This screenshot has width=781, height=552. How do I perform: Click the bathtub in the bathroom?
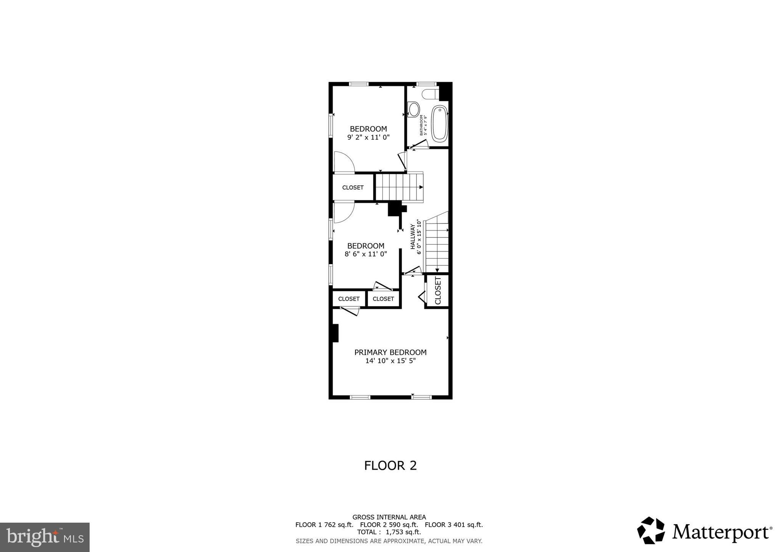(x=439, y=124)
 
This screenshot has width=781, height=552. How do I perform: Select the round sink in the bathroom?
(x=413, y=109)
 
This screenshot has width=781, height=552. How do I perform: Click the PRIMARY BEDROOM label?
(x=390, y=352)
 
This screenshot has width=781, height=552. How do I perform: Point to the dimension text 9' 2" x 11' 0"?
(x=368, y=137)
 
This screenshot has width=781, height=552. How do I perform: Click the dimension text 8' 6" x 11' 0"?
(x=366, y=254)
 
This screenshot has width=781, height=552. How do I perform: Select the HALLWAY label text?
(x=413, y=237)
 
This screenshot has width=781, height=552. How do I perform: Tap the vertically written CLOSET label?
(x=437, y=290)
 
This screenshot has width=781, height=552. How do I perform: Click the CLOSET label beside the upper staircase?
(x=353, y=188)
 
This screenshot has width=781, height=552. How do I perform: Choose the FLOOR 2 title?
(x=390, y=465)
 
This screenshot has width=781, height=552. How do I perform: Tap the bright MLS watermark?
(x=45, y=537)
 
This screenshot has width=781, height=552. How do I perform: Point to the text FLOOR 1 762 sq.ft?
(x=324, y=525)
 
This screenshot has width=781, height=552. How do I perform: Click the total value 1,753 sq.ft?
(x=403, y=532)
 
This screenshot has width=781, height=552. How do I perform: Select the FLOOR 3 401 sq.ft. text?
(x=453, y=525)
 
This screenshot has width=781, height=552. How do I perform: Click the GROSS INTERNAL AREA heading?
(x=389, y=517)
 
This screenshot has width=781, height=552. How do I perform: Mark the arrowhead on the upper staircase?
(x=421, y=187)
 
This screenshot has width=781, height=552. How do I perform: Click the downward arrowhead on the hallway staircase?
(x=437, y=270)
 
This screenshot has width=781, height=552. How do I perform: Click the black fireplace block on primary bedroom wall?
(x=335, y=333)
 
